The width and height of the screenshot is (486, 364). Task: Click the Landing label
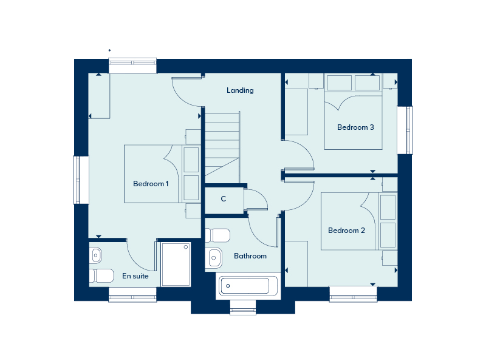[x=240, y=90]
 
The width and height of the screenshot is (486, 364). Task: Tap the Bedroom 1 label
[x=151, y=184]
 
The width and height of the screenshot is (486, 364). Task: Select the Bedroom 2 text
[x=346, y=231]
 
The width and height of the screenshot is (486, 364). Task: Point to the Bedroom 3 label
[x=355, y=127]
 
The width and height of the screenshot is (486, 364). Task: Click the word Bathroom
[x=250, y=256]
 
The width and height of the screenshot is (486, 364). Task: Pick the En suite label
[x=135, y=276]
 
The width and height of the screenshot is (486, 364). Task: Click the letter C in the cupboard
[x=223, y=199]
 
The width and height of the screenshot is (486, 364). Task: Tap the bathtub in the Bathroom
[x=248, y=285]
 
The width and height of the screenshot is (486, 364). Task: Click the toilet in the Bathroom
[x=217, y=235]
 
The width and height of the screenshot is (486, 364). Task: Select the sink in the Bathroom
[x=214, y=257]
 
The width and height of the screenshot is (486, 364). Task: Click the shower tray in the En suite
[x=176, y=265]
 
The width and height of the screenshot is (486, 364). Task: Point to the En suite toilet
[x=101, y=275]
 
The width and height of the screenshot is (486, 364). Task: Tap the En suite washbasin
[x=95, y=255]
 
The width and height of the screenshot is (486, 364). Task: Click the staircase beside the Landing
[x=222, y=148]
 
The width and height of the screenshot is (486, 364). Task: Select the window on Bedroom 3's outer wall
[x=405, y=130]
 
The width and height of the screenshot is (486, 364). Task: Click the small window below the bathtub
[x=243, y=307]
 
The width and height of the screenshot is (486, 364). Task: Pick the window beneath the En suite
[x=132, y=295]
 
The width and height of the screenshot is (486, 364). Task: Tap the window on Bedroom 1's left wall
[x=81, y=180]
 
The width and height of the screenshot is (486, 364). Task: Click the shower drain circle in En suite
[x=186, y=247]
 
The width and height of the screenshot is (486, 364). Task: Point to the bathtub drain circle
[x=228, y=286]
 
